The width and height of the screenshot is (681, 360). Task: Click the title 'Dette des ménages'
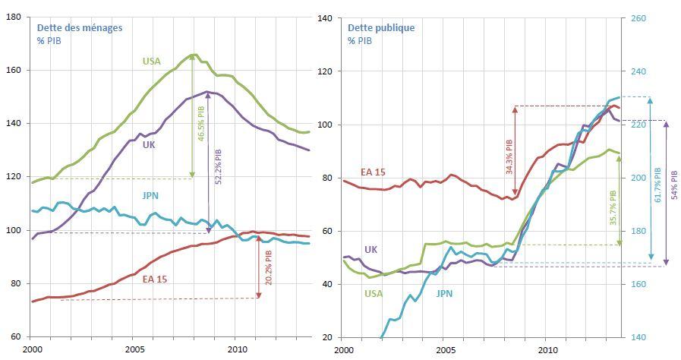[80, 27]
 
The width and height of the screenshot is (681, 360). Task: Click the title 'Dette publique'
[381, 27]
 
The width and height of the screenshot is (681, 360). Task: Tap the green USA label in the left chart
[152, 62]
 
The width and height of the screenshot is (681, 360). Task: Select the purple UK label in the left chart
[150, 144]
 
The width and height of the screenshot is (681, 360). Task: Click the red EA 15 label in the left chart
[155, 279]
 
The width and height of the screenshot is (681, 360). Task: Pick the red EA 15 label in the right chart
[372, 172]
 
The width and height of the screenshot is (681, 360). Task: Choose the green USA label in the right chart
[374, 293]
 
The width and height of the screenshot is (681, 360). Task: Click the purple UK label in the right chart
[370, 249]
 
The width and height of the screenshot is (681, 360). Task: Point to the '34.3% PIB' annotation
[509, 156]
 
